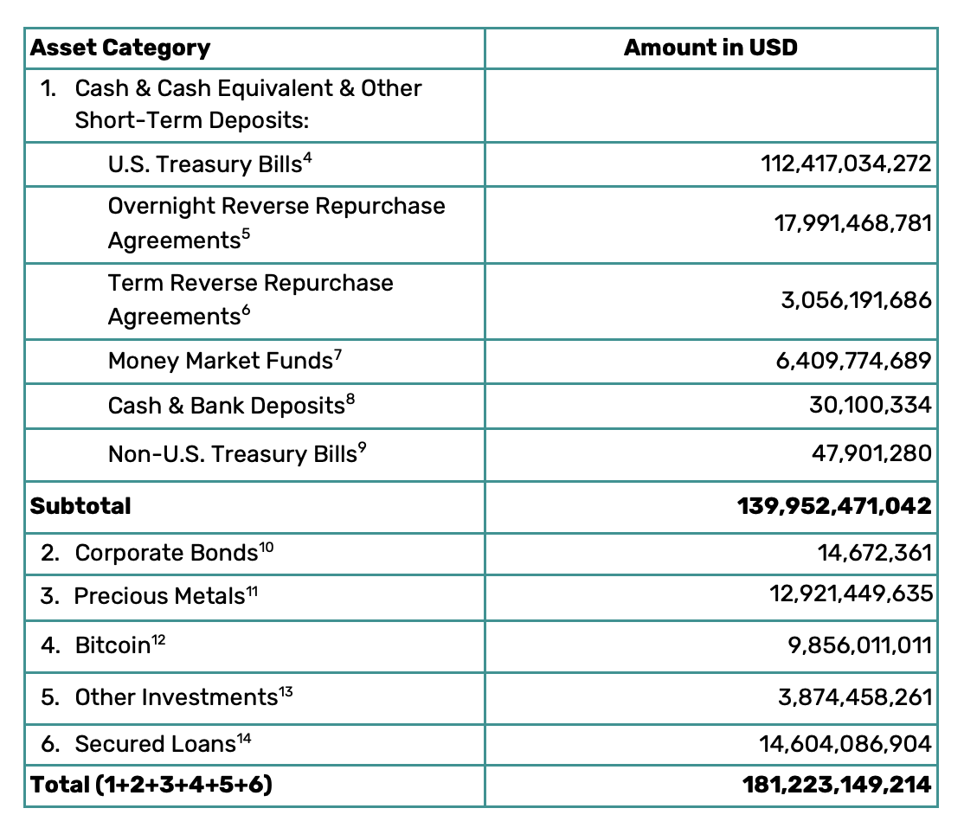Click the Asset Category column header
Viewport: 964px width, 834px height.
click(x=120, y=48)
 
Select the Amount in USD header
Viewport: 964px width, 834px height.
click(x=710, y=48)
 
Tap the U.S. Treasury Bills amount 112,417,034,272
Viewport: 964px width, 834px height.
click(x=852, y=164)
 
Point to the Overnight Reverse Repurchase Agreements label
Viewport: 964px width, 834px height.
click(x=276, y=222)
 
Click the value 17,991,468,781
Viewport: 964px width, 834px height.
click(x=852, y=223)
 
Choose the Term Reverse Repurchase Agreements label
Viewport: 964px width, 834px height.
click(x=250, y=299)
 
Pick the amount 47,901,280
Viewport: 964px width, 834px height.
click(x=871, y=453)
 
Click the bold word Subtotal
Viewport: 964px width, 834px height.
click(x=80, y=505)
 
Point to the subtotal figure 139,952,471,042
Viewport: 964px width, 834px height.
click(x=834, y=505)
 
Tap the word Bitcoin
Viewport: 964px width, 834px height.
click(x=112, y=645)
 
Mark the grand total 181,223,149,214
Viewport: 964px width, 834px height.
click(x=836, y=785)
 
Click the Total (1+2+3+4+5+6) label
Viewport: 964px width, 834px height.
click(x=151, y=785)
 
